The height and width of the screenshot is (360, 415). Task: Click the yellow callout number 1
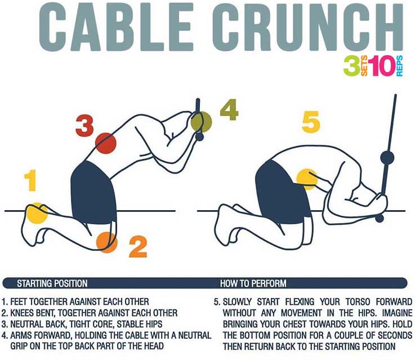30,181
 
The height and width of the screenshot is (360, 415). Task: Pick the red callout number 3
84,125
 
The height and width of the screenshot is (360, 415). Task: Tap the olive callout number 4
229,110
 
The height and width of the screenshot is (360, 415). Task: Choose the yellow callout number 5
311,122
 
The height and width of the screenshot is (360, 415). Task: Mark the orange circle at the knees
106,241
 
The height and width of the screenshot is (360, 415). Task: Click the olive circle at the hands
201,121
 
